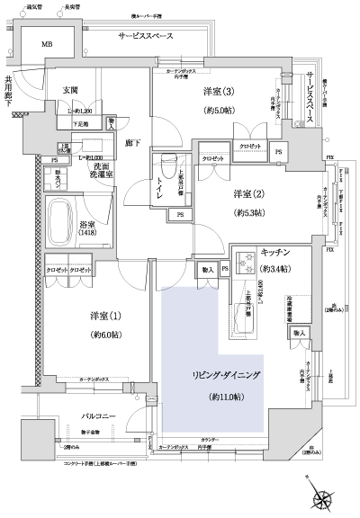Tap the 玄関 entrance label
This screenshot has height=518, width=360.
pos(72,89)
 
